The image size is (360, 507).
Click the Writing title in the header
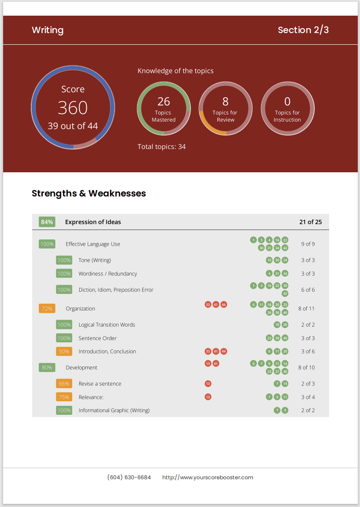coord(47,30)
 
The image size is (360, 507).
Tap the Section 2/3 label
coord(303,30)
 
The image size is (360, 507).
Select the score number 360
coord(72,108)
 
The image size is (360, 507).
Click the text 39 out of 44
coord(72,126)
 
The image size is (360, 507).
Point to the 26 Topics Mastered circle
coord(164,108)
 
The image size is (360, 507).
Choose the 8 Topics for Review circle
coord(225,108)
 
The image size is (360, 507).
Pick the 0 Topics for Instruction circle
coord(287,108)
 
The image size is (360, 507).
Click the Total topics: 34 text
coord(161,146)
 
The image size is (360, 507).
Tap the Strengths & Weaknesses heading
coord(89,193)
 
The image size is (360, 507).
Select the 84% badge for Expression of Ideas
coord(47,222)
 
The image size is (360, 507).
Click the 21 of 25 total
coord(310,222)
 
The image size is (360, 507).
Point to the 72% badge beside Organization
coord(47,308)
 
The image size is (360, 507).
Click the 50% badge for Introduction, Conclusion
coord(64,351)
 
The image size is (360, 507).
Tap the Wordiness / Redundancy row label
coord(108,273)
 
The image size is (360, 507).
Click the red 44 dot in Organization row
coord(224,304)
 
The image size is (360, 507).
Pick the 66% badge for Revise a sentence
coord(64,383)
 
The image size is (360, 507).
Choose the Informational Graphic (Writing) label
coord(114,410)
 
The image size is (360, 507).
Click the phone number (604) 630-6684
coord(129,477)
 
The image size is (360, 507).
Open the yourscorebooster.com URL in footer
coord(208,477)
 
